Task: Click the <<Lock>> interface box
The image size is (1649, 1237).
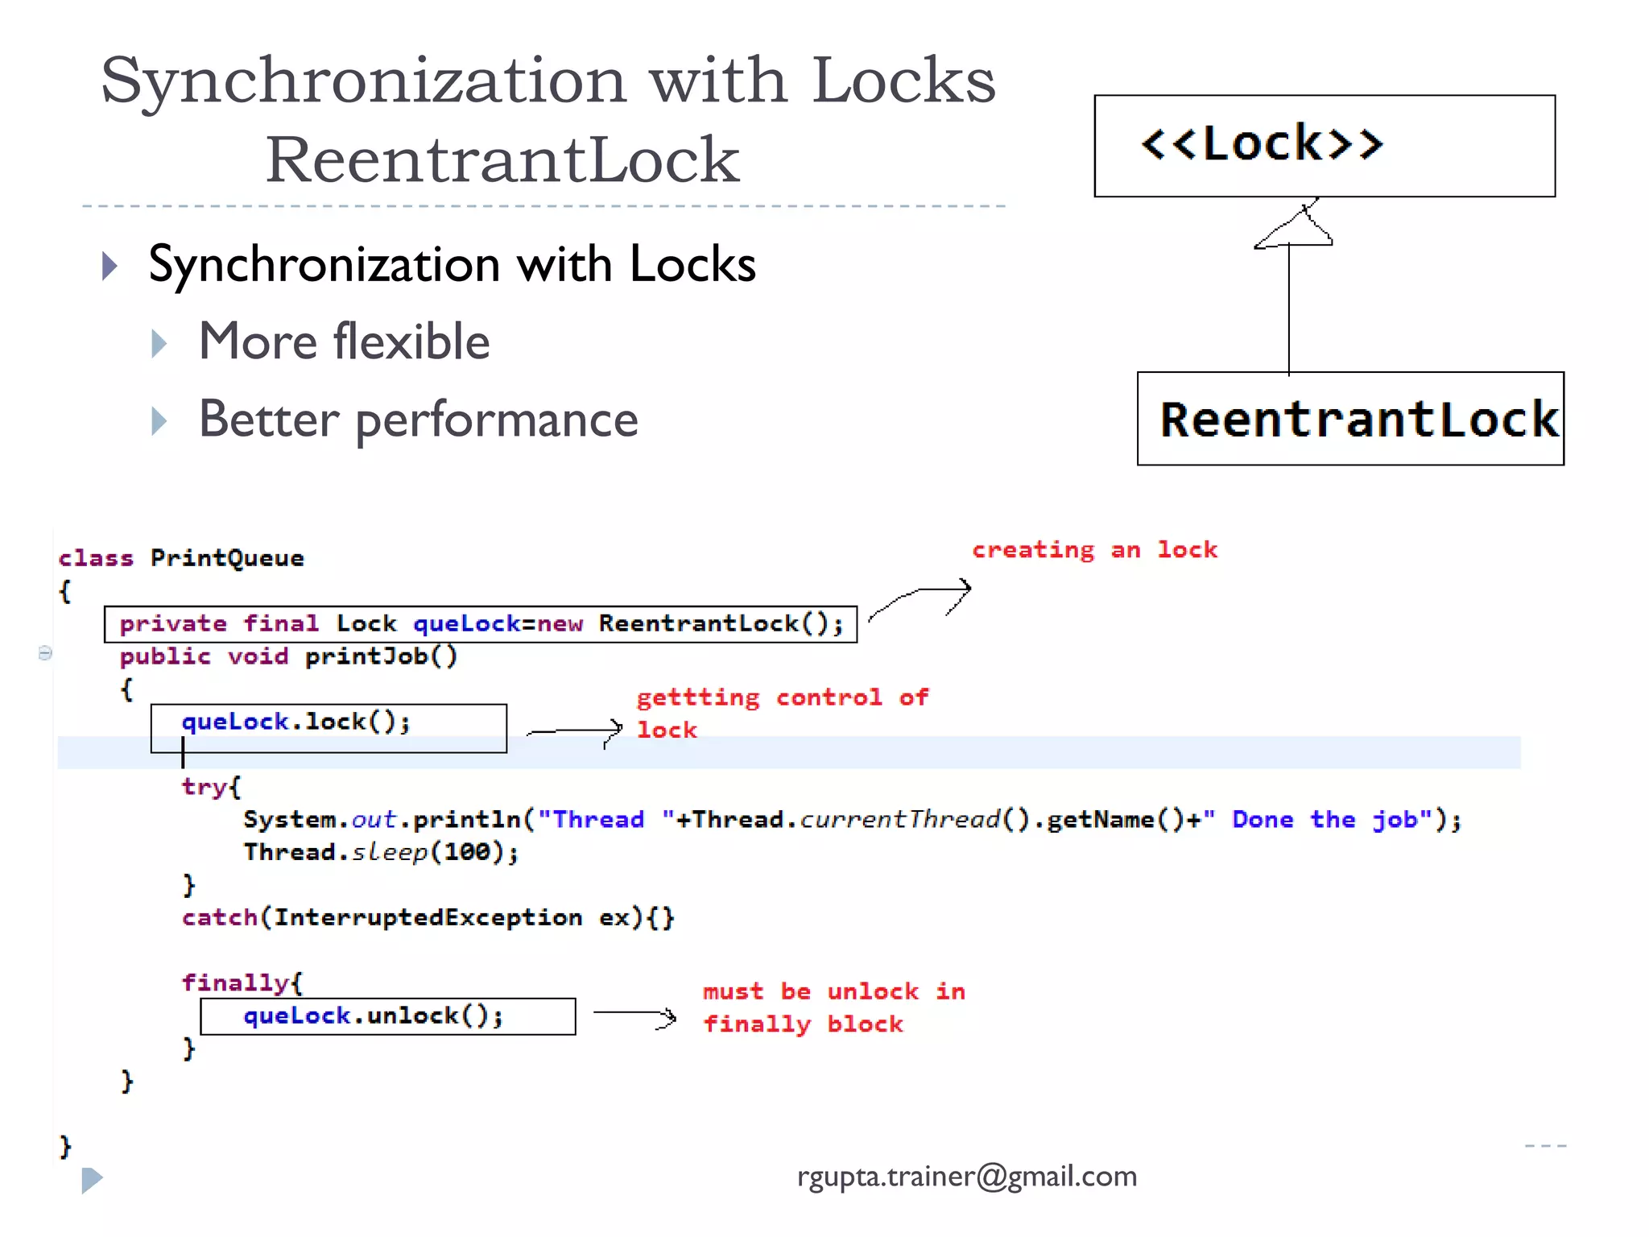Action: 1324,146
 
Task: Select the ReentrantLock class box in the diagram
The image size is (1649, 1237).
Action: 1350,419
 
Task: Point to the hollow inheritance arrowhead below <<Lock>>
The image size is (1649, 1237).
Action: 1295,228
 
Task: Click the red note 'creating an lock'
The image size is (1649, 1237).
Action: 1094,550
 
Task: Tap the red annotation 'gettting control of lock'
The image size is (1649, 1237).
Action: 781,713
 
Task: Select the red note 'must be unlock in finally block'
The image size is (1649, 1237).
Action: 833,1007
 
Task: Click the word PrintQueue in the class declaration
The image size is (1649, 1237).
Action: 227,558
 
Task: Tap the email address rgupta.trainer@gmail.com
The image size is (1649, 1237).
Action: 966,1177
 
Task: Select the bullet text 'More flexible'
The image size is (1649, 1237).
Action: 344,341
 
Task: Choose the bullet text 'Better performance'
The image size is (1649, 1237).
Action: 418,420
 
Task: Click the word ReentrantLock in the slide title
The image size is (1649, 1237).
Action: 502,159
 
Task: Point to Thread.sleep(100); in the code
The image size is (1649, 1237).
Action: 381,852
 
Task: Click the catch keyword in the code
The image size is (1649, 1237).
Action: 219,917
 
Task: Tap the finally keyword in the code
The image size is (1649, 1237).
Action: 234,983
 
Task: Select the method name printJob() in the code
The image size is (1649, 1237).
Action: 381,656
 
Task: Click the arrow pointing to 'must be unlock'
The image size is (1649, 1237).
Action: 634,1015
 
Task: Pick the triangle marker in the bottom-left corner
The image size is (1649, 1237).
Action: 92,1180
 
